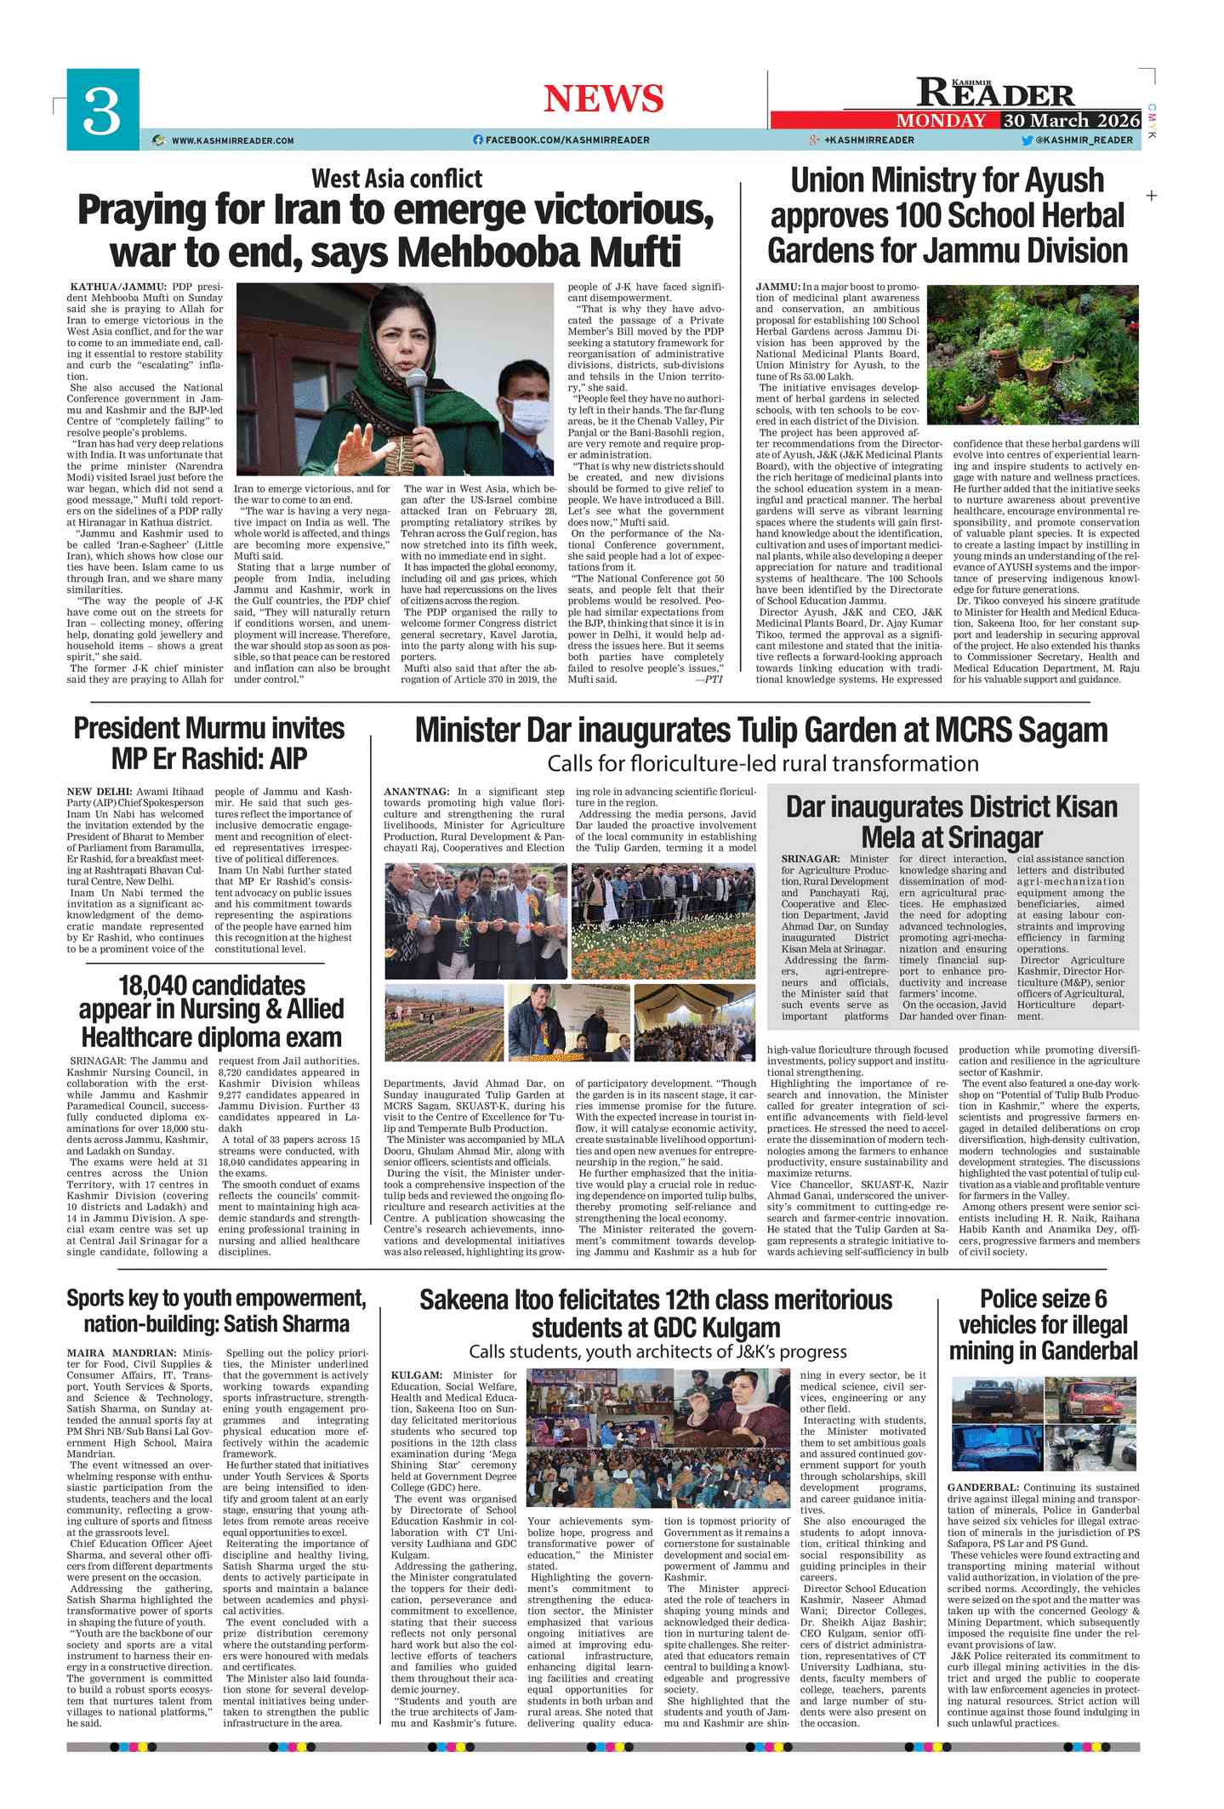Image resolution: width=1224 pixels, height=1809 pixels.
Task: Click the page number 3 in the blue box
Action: click(x=102, y=111)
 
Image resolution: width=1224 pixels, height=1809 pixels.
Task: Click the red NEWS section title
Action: click(x=603, y=99)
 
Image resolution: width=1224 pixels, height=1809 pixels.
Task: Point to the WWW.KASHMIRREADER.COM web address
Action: click(x=232, y=140)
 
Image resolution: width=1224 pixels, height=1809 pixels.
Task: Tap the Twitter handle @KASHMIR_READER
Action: click(x=1084, y=139)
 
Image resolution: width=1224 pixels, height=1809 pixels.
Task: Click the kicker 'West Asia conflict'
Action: click(x=396, y=179)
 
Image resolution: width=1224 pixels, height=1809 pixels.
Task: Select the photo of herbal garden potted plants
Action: click(x=1032, y=354)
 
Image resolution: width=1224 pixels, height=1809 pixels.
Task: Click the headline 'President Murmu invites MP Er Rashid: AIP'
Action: click(x=209, y=742)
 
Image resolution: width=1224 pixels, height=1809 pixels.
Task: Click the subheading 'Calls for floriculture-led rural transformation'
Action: click(x=762, y=763)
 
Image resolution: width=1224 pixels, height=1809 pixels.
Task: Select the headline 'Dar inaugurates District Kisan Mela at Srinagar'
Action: click(x=951, y=822)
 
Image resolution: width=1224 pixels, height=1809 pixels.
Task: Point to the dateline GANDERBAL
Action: click(x=982, y=1488)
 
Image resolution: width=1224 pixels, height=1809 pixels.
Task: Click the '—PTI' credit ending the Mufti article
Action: click(x=709, y=680)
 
